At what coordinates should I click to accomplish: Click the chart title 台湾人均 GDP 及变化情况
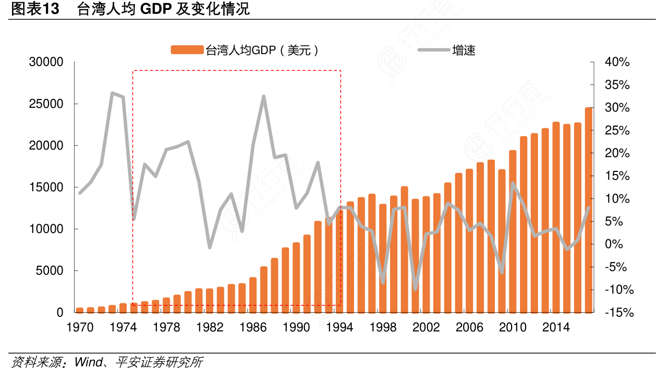coord(163,9)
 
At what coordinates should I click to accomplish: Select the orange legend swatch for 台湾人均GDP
coord(187,50)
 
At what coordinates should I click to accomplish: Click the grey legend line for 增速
coord(433,50)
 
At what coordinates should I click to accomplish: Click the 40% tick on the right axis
coord(617,63)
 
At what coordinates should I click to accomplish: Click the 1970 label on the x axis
coord(80,328)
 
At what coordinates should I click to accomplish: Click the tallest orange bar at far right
coord(588,208)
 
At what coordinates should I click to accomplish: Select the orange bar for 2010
coord(513,232)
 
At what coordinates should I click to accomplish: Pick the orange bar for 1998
coord(383,258)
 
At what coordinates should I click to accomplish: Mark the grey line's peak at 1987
coord(264,96)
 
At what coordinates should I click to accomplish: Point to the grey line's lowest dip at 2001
coord(415,289)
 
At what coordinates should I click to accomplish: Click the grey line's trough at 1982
coord(210,247)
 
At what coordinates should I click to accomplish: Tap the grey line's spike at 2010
coord(513,183)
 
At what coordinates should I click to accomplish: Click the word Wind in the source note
coord(87,362)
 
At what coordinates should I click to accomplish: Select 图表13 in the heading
coord(34,9)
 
